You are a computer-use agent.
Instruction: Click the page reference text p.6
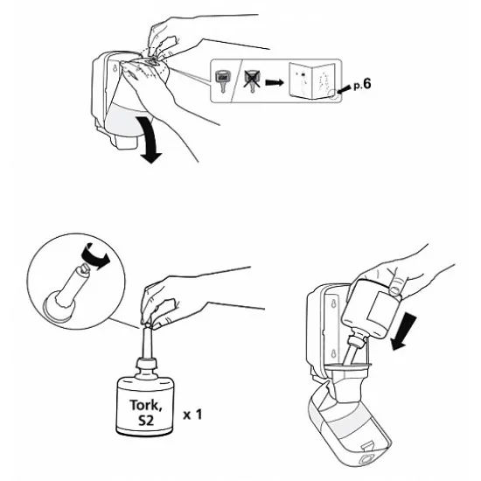point(362,84)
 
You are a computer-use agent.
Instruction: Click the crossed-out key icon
point(252,80)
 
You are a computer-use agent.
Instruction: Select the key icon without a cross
point(222,81)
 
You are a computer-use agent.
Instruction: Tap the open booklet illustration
point(311,80)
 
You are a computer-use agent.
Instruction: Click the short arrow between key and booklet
point(275,82)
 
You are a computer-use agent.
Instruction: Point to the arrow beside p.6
point(344,89)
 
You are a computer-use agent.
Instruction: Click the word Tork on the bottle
point(145,405)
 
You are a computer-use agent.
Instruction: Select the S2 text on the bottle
point(146,420)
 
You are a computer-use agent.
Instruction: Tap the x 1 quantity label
point(192,415)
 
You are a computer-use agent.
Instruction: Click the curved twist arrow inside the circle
point(95,255)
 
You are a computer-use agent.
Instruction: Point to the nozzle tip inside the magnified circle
point(84,268)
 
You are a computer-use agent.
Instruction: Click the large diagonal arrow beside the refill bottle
point(404,333)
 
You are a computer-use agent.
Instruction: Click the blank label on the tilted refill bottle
point(383,310)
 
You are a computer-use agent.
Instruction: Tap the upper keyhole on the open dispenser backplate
point(333,304)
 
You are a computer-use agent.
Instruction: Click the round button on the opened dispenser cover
point(366,459)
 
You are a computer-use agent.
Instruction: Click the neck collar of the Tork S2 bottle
point(146,364)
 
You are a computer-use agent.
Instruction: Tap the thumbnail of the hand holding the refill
point(395,289)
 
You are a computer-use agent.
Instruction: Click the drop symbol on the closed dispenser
point(115,69)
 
